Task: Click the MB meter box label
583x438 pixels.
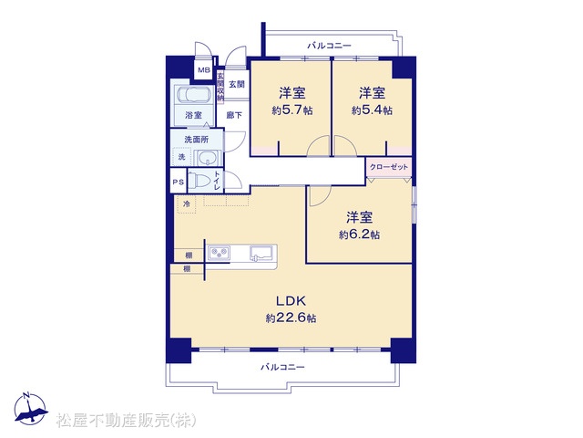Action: pos(204,69)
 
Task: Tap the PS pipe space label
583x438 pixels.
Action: pos(179,182)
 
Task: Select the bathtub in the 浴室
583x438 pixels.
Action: pos(193,95)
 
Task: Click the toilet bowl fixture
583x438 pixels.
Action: pos(198,181)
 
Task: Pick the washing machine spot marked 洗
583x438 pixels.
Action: pos(181,157)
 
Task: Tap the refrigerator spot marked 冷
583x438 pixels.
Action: pos(187,204)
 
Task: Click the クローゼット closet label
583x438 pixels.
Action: pos(389,167)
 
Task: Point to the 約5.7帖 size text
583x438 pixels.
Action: pos(291,110)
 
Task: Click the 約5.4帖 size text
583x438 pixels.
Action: pos(372,110)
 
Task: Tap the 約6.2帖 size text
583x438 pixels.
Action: pos(359,235)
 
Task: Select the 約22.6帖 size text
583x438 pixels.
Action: pos(291,318)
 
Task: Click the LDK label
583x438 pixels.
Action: pos(291,300)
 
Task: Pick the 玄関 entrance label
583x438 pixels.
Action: pos(237,84)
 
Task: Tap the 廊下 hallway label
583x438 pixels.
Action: pos(234,115)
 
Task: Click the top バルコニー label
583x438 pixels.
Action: pos(329,46)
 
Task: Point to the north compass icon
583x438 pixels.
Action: pos(30,409)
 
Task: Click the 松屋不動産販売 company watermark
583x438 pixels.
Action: pos(127,420)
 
